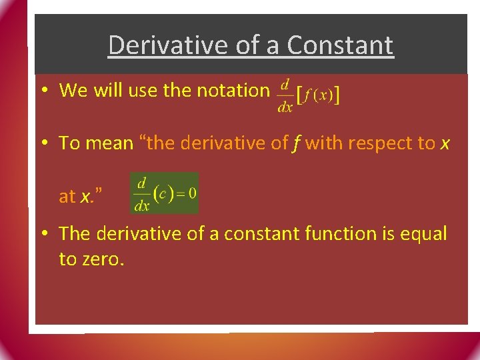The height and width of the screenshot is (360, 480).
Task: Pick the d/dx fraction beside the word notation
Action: (x=285, y=96)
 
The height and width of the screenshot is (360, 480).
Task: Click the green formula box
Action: (x=165, y=193)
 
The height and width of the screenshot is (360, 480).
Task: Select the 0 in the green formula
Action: (x=192, y=193)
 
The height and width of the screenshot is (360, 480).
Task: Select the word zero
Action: (x=102, y=259)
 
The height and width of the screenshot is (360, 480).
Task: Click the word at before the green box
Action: (x=67, y=197)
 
